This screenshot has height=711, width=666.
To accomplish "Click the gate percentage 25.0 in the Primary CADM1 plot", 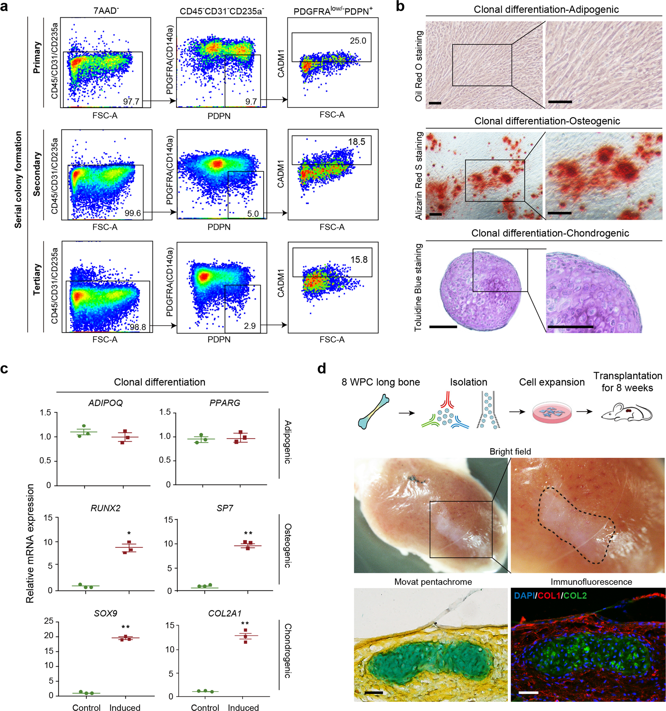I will (x=358, y=40).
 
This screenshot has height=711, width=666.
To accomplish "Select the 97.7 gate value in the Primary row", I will (x=131, y=102).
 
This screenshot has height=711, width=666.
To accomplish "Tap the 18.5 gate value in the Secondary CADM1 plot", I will (x=356, y=142).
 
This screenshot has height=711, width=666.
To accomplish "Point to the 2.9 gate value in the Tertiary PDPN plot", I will (x=250, y=326).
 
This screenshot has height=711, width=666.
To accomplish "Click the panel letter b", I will (x=400, y=6).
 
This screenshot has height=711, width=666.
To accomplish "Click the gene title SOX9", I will (x=105, y=613).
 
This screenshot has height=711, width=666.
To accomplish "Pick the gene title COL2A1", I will (x=225, y=613).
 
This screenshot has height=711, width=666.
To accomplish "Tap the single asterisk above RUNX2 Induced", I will (x=129, y=534).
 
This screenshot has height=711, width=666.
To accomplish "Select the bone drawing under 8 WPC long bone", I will (x=374, y=412).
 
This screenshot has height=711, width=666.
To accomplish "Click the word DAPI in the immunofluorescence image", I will (x=524, y=596).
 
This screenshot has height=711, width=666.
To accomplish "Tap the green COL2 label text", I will (x=575, y=596).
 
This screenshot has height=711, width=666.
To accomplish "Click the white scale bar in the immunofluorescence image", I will (x=528, y=692).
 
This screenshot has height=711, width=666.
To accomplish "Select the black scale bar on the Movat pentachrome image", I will (x=374, y=692).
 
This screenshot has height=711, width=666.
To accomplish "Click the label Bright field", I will (x=510, y=451).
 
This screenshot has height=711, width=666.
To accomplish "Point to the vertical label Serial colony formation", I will (x=18, y=179).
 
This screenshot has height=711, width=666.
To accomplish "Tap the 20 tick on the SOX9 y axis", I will (x=49, y=636).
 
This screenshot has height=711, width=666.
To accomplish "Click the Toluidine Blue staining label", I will (x=418, y=287).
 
